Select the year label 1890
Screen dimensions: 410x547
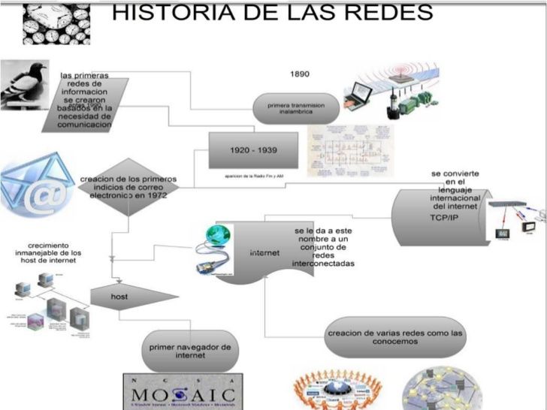[x=299, y=74]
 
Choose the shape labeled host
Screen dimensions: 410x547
[x=124, y=297]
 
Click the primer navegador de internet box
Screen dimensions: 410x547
[x=191, y=351]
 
